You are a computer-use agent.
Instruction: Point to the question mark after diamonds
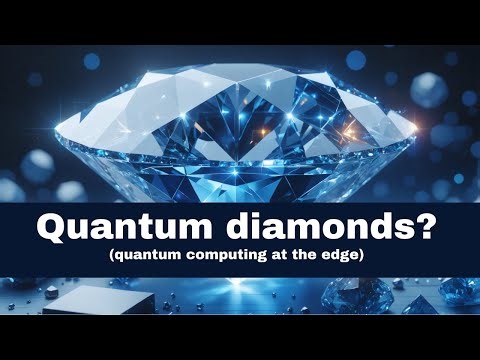pos(423,227)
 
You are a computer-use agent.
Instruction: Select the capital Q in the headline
pos(52,227)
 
